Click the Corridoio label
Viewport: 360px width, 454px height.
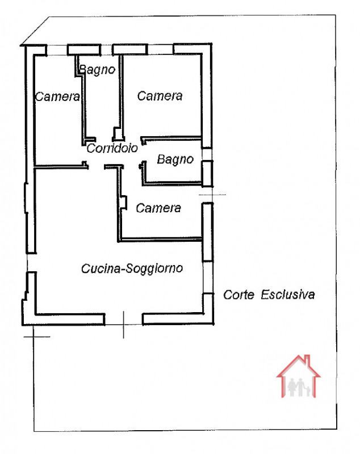tap(112, 148)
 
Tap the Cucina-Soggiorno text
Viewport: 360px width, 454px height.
tap(132, 268)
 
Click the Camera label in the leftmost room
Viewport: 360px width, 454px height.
tap(57, 96)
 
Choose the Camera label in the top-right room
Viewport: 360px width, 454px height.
tap(160, 96)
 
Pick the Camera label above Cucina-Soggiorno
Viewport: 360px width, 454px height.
tap(158, 208)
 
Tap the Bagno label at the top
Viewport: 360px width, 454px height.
tap(97, 70)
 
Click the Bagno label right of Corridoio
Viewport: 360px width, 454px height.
tap(175, 160)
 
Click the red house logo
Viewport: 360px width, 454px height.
tap(298, 376)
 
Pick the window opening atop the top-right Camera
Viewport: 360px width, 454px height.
tap(161, 49)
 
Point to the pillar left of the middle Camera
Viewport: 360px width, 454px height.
tap(122, 203)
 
